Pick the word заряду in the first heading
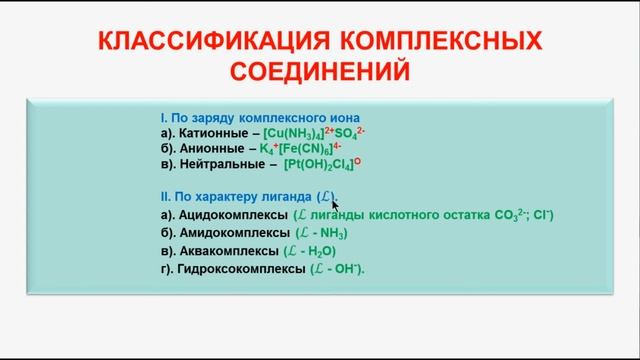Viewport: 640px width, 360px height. (219, 116)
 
